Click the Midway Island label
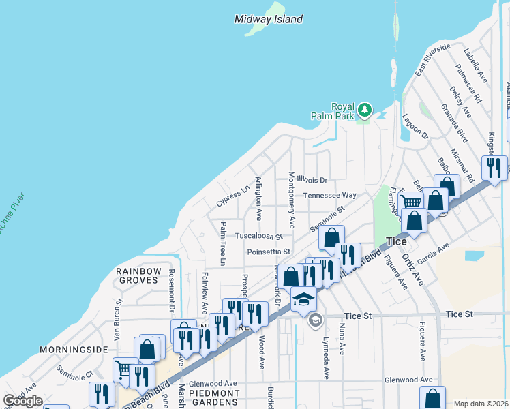coord(268,19)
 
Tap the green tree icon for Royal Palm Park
coord(365,110)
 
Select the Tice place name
coord(396,241)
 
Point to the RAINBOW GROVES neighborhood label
coord(138,277)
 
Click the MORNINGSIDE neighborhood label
coord(74,349)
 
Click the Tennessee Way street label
coord(330,195)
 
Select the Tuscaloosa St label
coord(258,236)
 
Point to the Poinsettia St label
coord(269,252)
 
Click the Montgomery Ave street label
coord(291,199)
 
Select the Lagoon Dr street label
coord(415,127)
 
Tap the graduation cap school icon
coord(303,299)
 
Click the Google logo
coord(22,401)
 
